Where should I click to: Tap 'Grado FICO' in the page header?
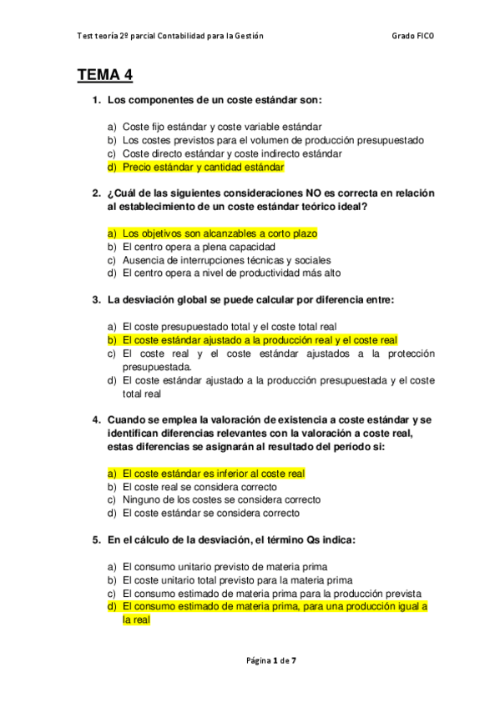coord(412,36)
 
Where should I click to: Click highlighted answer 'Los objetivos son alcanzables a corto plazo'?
coord(220,233)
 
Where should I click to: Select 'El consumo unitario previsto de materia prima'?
coord(225,566)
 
